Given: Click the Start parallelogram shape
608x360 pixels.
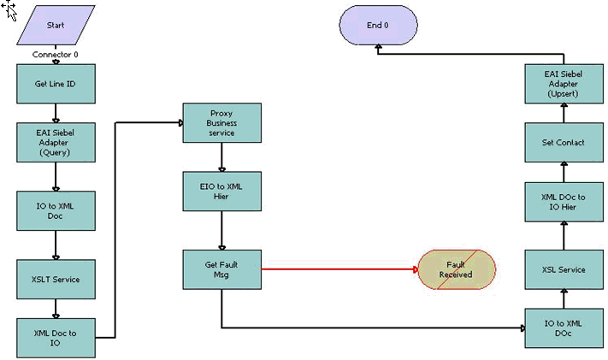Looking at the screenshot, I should [56, 25].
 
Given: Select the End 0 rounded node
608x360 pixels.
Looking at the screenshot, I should [377, 25].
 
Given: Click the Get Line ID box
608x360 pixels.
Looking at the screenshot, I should [56, 84].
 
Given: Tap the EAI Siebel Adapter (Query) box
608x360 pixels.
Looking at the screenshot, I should [56, 142].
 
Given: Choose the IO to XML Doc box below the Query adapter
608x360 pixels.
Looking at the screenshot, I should [56, 210].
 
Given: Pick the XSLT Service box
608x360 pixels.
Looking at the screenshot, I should [56, 279].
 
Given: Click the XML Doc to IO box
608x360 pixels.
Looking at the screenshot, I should [56, 338].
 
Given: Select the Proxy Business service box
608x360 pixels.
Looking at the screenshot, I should [221, 122].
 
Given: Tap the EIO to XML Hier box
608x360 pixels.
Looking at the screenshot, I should [221, 191].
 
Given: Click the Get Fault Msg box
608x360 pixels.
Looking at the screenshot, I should [221, 269].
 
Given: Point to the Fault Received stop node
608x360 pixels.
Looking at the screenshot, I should [456, 269].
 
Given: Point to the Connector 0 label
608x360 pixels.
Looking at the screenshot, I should [56, 54].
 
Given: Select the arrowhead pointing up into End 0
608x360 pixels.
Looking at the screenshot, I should [377, 50].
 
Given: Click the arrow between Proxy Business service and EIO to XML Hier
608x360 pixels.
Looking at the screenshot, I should [221, 157].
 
